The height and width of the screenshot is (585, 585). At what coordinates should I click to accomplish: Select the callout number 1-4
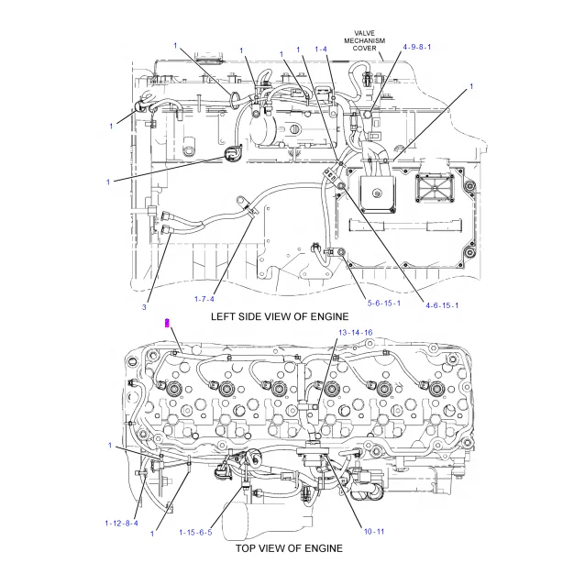click(322, 49)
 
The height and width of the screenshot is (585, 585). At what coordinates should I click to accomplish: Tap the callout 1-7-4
click(204, 298)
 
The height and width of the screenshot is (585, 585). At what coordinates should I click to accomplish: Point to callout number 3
click(144, 306)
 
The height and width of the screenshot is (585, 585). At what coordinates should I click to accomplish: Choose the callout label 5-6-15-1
click(383, 303)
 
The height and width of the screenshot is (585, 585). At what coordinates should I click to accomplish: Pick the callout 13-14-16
click(355, 332)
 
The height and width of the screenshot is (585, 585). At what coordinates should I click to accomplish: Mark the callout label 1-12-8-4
click(121, 524)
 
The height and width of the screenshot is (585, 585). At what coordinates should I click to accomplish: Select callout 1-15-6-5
click(195, 532)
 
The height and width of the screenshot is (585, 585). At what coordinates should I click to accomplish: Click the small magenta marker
click(166, 321)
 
